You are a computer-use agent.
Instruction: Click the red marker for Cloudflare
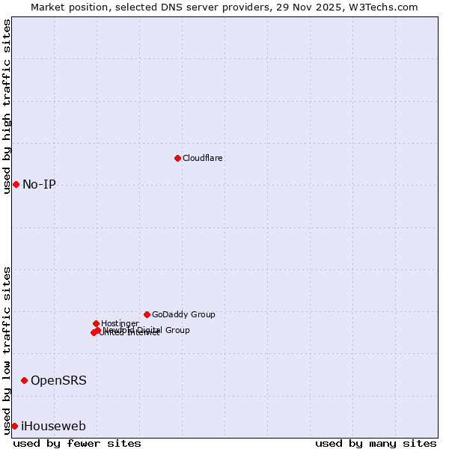177,158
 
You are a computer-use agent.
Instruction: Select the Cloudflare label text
202,158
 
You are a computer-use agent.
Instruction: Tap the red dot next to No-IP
16,184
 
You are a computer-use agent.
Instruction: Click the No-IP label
39,184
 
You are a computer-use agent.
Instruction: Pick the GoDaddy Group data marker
147,314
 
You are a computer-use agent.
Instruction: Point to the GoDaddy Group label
183,314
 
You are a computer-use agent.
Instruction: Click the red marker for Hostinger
96,323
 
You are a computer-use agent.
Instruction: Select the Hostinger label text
120,323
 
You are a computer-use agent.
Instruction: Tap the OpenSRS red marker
24,380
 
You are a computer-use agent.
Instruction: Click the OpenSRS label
58,380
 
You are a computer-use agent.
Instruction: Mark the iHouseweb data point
14,426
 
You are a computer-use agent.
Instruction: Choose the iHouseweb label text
53,426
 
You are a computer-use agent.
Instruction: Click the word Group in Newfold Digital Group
177,330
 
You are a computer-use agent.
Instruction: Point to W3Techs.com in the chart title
386,7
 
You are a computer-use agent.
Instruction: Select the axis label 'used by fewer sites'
77,443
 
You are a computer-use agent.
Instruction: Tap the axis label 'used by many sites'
376,443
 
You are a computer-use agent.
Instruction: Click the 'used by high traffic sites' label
7,106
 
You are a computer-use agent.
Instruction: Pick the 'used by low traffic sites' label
7,350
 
